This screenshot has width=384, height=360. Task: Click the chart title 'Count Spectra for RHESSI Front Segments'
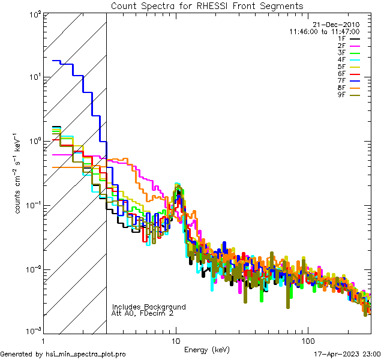[207, 5]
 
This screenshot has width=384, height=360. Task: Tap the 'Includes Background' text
[149, 307]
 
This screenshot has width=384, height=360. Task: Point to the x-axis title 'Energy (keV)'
[208, 350]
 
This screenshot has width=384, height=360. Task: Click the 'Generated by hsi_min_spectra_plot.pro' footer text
[64, 355]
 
